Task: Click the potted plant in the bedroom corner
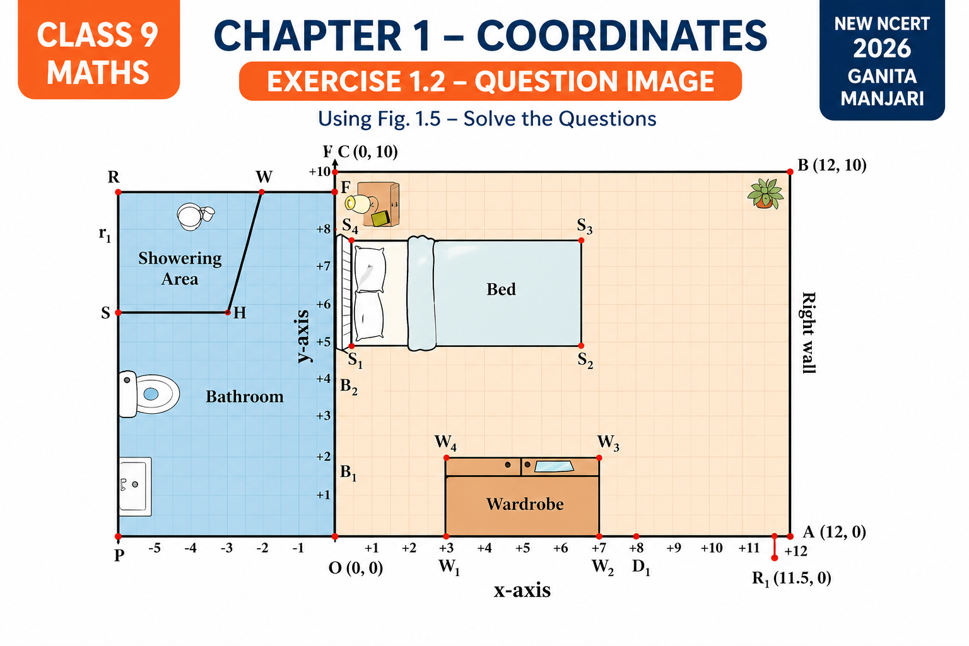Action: [765, 193]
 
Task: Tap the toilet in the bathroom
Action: [148, 394]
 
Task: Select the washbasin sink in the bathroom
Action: [134, 486]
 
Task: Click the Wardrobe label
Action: [525, 504]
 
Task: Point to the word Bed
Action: [501, 290]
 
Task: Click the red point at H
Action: [228, 312]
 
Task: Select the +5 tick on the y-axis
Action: [323, 342]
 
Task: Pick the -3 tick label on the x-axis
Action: [226, 548]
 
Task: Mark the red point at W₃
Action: [599, 457]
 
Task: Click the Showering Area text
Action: [180, 269]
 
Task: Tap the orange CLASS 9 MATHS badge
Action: [98, 53]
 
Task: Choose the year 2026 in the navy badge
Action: [882, 49]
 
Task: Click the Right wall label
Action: [808, 332]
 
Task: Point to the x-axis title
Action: [522, 590]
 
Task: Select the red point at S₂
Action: [581, 346]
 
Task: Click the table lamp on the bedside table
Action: [358, 203]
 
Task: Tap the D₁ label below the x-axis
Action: [641, 567]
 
